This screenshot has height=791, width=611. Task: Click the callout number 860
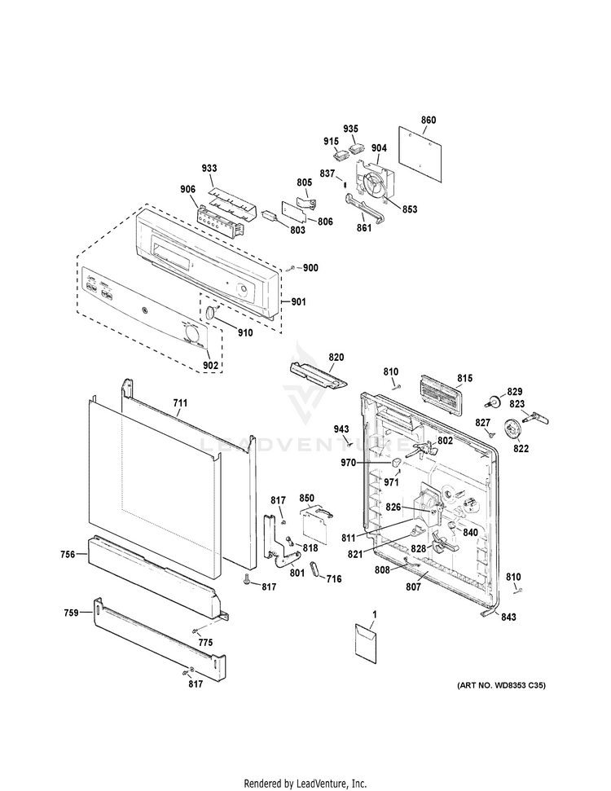[x=429, y=121]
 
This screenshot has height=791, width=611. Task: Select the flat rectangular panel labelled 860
[x=424, y=152]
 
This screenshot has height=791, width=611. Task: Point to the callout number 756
[x=68, y=554]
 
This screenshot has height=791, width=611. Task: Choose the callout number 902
[x=210, y=365]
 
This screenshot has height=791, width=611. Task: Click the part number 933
[x=209, y=168]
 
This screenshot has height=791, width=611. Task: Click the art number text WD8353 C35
[x=500, y=685]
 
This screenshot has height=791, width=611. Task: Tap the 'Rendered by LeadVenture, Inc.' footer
[x=305, y=782]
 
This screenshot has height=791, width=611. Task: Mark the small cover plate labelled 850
[x=314, y=521]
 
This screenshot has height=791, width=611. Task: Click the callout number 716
[x=334, y=579]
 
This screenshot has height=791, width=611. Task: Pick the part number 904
[x=379, y=148]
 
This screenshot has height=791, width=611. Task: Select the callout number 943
[x=341, y=428]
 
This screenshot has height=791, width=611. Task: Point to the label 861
[x=363, y=227]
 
